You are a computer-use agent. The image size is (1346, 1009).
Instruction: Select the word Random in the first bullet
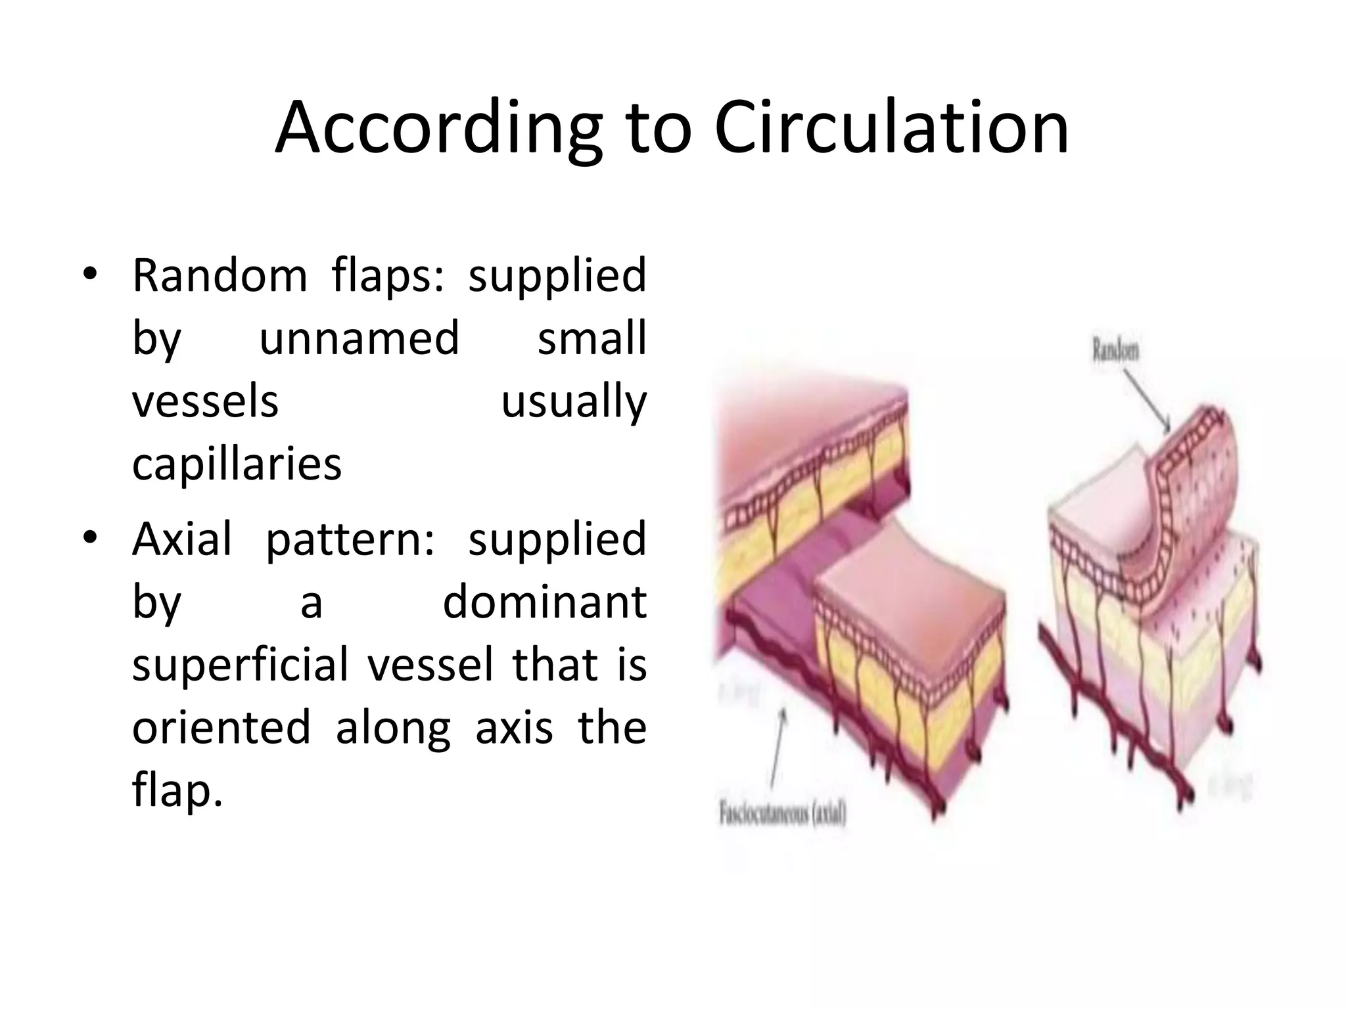[220, 276]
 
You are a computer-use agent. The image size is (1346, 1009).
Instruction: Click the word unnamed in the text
[360, 339]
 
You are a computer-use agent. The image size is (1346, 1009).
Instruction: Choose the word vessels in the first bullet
[205, 402]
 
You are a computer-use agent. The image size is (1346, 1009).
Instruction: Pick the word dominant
[545, 602]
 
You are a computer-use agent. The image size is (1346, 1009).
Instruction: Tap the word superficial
[239, 665]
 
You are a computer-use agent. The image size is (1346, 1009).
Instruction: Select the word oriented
[221, 728]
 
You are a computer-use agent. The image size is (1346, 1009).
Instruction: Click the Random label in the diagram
[1115, 350]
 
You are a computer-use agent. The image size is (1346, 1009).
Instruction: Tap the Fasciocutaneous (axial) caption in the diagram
[782, 815]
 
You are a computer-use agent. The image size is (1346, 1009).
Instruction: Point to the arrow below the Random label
[1147, 400]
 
